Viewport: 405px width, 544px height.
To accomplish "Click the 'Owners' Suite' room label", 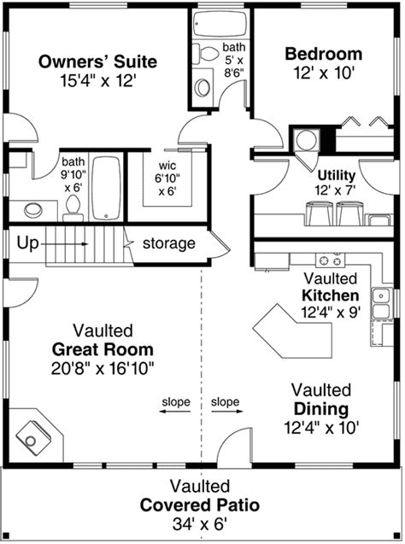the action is point(97,61).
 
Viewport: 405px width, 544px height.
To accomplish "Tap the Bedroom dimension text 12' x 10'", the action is point(324,73).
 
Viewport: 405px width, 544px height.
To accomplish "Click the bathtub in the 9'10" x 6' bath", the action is point(107,188).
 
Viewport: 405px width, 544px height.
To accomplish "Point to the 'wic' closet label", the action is point(167,166).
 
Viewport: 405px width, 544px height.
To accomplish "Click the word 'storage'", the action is point(169,243).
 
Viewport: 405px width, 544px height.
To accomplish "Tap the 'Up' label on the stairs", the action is point(27,243).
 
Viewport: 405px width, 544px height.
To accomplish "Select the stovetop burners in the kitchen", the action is point(330,260).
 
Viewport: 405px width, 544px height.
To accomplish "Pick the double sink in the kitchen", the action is point(381,303).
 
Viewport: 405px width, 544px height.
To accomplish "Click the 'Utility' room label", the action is point(337,175).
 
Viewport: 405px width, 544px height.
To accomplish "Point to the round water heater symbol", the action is point(306,141).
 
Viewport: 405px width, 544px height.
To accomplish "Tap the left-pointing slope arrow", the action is point(175,412).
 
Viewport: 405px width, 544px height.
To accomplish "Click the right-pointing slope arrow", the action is point(227,412).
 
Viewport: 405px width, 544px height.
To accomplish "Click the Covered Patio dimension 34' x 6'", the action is point(200,524).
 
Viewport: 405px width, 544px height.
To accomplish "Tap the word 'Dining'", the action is point(321,409).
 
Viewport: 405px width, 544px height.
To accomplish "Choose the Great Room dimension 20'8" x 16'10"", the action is point(103,368).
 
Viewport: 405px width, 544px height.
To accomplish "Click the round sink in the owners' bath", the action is point(33,210).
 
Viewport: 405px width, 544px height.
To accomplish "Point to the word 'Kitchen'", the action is point(331,295).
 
